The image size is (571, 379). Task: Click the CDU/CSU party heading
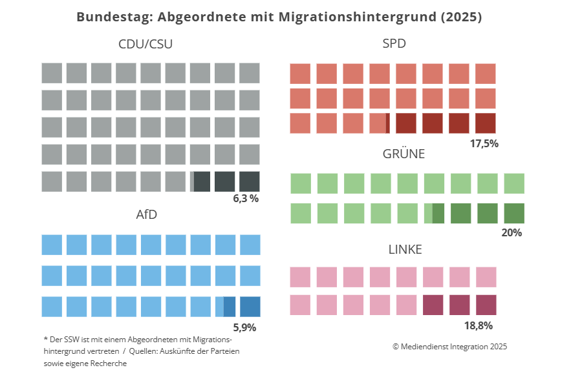145,44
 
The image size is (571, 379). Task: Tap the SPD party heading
394,44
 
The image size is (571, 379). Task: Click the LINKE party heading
405,249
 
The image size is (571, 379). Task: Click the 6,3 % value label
246,198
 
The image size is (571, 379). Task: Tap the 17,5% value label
484,143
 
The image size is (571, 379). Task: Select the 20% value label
512,232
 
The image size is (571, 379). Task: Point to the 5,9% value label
244,327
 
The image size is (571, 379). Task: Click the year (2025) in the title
460,17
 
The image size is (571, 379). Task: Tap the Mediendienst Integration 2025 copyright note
449,346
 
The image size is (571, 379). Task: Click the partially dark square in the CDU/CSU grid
200,181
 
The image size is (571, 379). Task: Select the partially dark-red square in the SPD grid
380,123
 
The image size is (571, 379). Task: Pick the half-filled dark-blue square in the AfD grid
225,306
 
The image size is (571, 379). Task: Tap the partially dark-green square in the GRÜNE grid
433,213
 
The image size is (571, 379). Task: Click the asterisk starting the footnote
45,339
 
